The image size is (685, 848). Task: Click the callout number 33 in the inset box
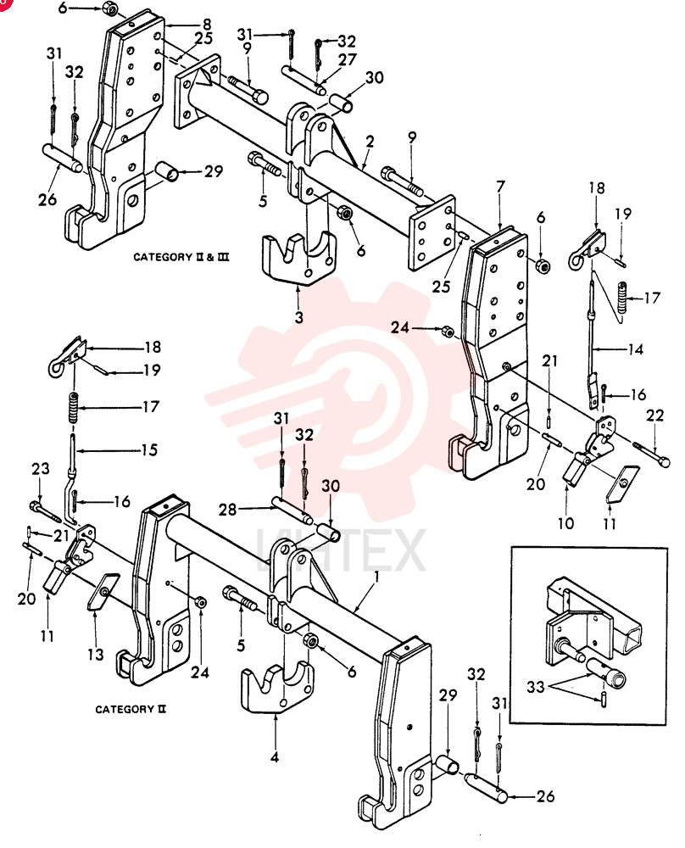click(535, 687)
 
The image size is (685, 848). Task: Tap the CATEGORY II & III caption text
click(181, 257)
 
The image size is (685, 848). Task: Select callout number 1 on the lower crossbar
click(376, 577)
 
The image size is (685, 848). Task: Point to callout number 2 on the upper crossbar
click(370, 142)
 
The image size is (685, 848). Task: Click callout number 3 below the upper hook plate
click(299, 317)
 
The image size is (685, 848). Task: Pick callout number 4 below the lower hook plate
click(275, 756)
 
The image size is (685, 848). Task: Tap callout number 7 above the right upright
click(500, 187)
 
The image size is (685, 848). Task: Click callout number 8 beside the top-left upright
click(207, 25)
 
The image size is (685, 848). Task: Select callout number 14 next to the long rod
click(635, 349)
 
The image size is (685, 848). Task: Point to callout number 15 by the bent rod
click(149, 449)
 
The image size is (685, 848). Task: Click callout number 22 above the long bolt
click(654, 416)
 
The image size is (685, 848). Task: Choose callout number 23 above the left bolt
click(41, 468)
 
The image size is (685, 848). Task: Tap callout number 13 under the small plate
click(96, 655)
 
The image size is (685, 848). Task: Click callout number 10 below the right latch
click(565, 523)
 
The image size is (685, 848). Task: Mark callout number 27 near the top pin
click(348, 59)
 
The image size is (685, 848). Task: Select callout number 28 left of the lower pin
click(227, 510)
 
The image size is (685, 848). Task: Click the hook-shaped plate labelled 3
click(297, 259)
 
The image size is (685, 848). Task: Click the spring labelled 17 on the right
click(624, 297)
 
